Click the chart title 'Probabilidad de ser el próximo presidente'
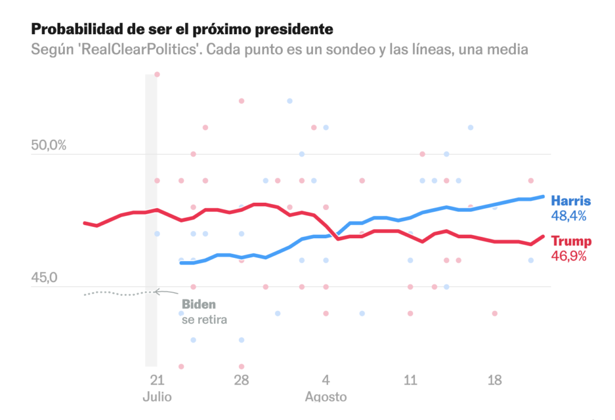point(181,29)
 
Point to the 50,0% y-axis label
point(49,146)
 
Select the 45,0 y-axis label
point(45,278)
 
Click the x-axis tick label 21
point(157,380)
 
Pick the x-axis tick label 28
point(241,380)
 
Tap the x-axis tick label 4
point(326,380)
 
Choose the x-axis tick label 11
point(410,380)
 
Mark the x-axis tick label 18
point(495,380)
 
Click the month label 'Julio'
point(157,397)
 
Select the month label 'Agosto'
point(326,397)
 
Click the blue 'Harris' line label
point(571,201)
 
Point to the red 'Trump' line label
point(571,241)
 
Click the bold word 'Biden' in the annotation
point(198,305)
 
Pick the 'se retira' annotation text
point(204,320)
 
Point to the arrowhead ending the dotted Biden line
point(156,292)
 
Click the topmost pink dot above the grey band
point(157,74)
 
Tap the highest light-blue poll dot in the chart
point(289,101)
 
